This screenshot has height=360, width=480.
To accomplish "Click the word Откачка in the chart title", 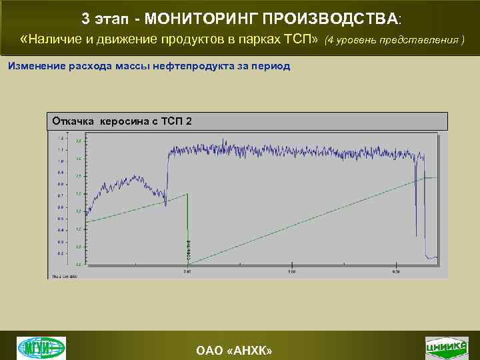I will [x=74, y=121].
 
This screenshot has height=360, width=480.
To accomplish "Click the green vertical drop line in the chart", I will [x=187, y=227].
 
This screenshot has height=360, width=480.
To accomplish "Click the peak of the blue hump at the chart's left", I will [x=135, y=177].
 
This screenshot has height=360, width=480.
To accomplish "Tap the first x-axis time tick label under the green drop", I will [x=188, y=271].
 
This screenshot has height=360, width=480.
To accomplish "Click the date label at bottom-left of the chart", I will [x=64, y=275].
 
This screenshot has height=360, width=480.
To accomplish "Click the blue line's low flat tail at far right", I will [x=433, y=257].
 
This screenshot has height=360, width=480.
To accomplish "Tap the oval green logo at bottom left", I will [x=41, y=347].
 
